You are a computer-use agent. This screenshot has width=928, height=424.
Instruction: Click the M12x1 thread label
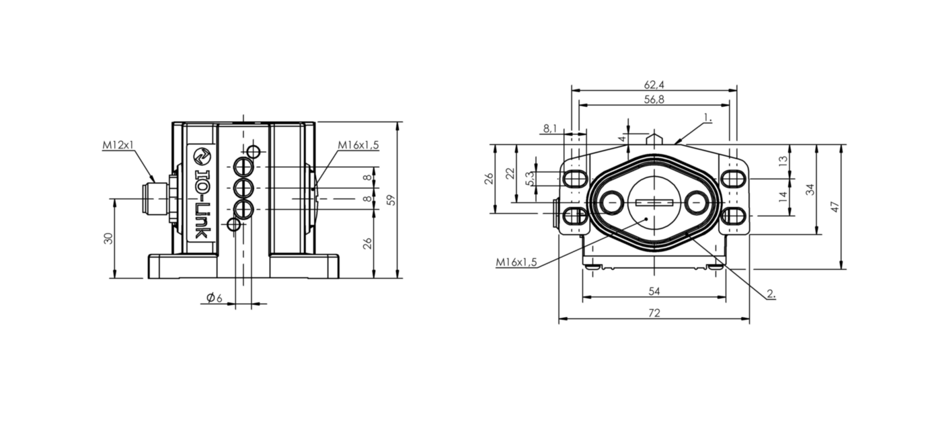point(118,145)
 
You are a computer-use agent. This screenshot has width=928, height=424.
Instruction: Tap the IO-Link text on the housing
point(201,204)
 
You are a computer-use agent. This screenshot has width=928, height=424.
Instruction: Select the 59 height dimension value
point(391,200)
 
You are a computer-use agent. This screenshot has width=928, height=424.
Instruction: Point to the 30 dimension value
point(108,239)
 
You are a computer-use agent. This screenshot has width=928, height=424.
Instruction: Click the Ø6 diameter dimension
point(215,297)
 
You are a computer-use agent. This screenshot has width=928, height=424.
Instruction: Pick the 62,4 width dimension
point(654,85)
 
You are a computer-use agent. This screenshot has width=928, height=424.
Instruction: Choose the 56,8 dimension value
point(654,99)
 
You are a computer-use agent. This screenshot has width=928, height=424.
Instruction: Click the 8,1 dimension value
point(550,129)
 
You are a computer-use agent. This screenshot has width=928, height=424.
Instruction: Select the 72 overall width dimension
point(654,312)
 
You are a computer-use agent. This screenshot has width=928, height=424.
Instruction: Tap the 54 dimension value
point(654,291)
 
